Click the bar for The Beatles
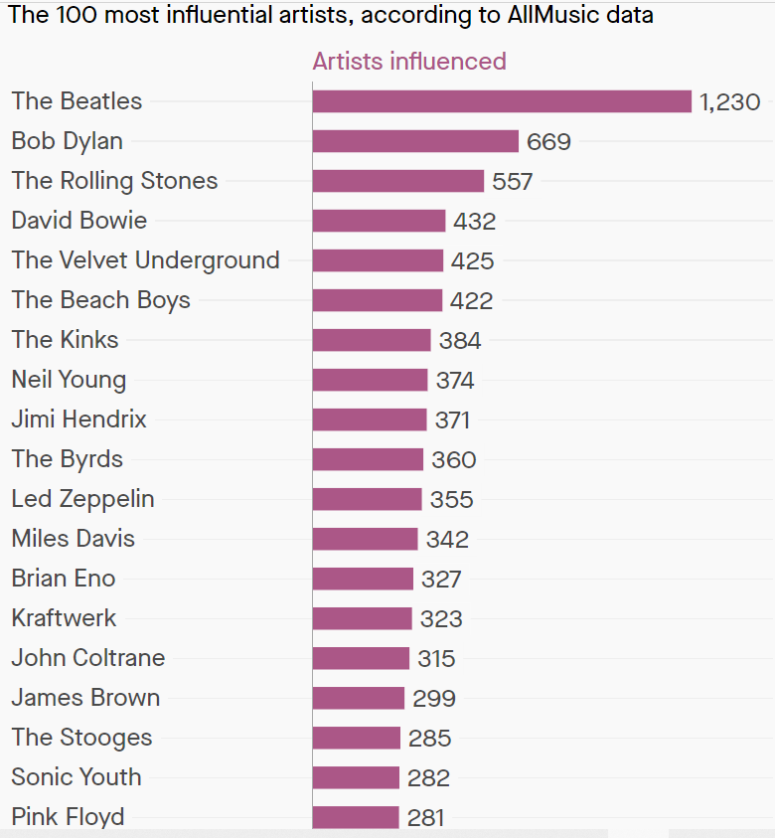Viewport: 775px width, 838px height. [x=502, y=101]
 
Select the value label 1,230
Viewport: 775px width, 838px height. [x=729, y=102]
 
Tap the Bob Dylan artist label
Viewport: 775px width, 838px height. [x=68, y=141]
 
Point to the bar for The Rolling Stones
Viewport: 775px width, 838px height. [x=398, y=181]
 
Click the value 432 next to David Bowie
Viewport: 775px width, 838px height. [x=474, y=222]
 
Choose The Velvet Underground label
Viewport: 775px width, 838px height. [x=145, y=260]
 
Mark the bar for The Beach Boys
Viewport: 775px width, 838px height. [x=378, y=300]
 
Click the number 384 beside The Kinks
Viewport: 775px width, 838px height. [x=459, y=341]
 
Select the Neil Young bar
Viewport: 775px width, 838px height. [x=370, y=380]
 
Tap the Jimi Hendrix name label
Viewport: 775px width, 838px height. [x=79, y=419]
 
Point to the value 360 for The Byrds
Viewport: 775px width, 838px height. [x=453, y=460]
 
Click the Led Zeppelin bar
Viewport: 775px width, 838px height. [x=367, y=499]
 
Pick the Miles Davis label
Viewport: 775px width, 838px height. [x=74, y=539]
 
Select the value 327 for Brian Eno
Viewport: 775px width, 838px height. [x=441, y=580]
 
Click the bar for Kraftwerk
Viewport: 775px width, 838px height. [x=362, y=618]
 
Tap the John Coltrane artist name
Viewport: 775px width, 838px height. [x=88, y=658]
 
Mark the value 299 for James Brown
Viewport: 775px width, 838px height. [x=434, y=699]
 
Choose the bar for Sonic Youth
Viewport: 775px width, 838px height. [x=356, y=777]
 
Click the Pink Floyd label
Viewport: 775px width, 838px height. [x=69, y=817]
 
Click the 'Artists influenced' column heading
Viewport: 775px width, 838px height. [x=409, y=62]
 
